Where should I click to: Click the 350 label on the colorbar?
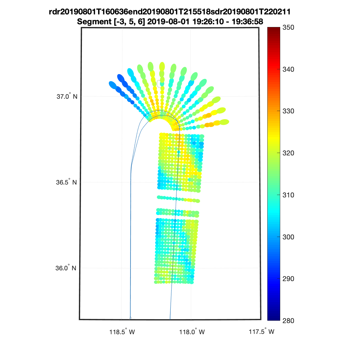pyautogui.click(x=288, y=28)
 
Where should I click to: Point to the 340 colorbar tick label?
pyautogui.click(x=288, y=69)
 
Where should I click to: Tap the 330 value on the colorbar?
pyautogui.click(x=288, y=111)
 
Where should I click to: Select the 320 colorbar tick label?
pyautogui.click(x=288, y=153)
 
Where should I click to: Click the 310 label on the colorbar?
pyautogui.click(x=288, y=195)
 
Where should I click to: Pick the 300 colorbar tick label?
pyautogui.click(x=288, y=237)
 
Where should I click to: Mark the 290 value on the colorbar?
pyautogui.click(x=288, y=279)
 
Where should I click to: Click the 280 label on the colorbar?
pyautogui.click(x=288, y=321)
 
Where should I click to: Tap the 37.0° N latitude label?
pyautogui.click(x=67, y=96)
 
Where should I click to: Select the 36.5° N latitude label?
pyautogui.click(x=66, y=182)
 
